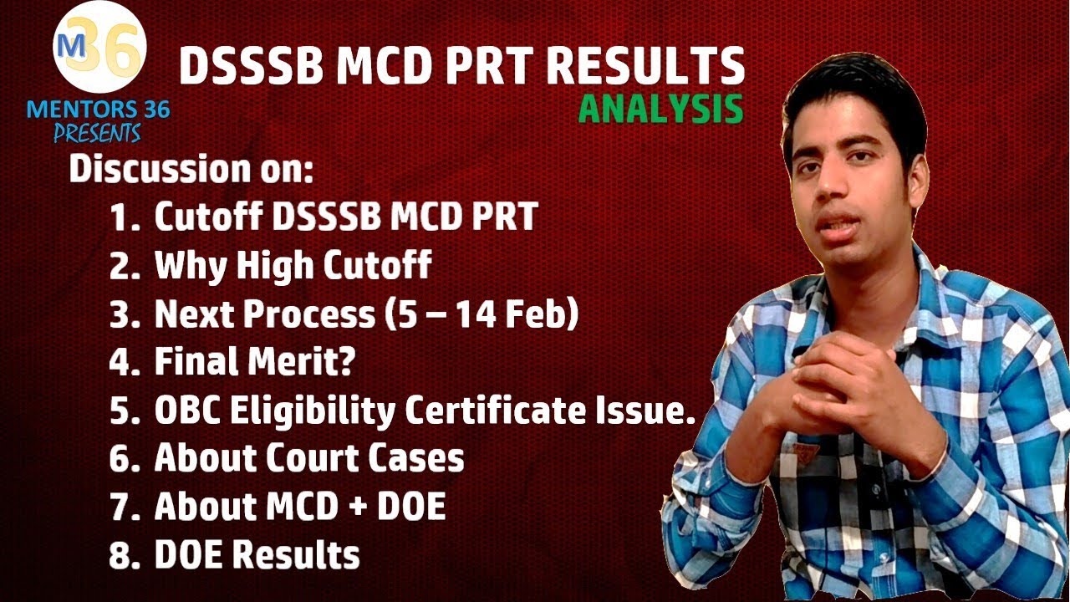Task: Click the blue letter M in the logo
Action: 74,46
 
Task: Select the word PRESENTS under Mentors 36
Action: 97,133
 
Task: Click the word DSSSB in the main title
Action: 251,66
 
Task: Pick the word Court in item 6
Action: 313,458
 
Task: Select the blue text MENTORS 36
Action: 98,110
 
